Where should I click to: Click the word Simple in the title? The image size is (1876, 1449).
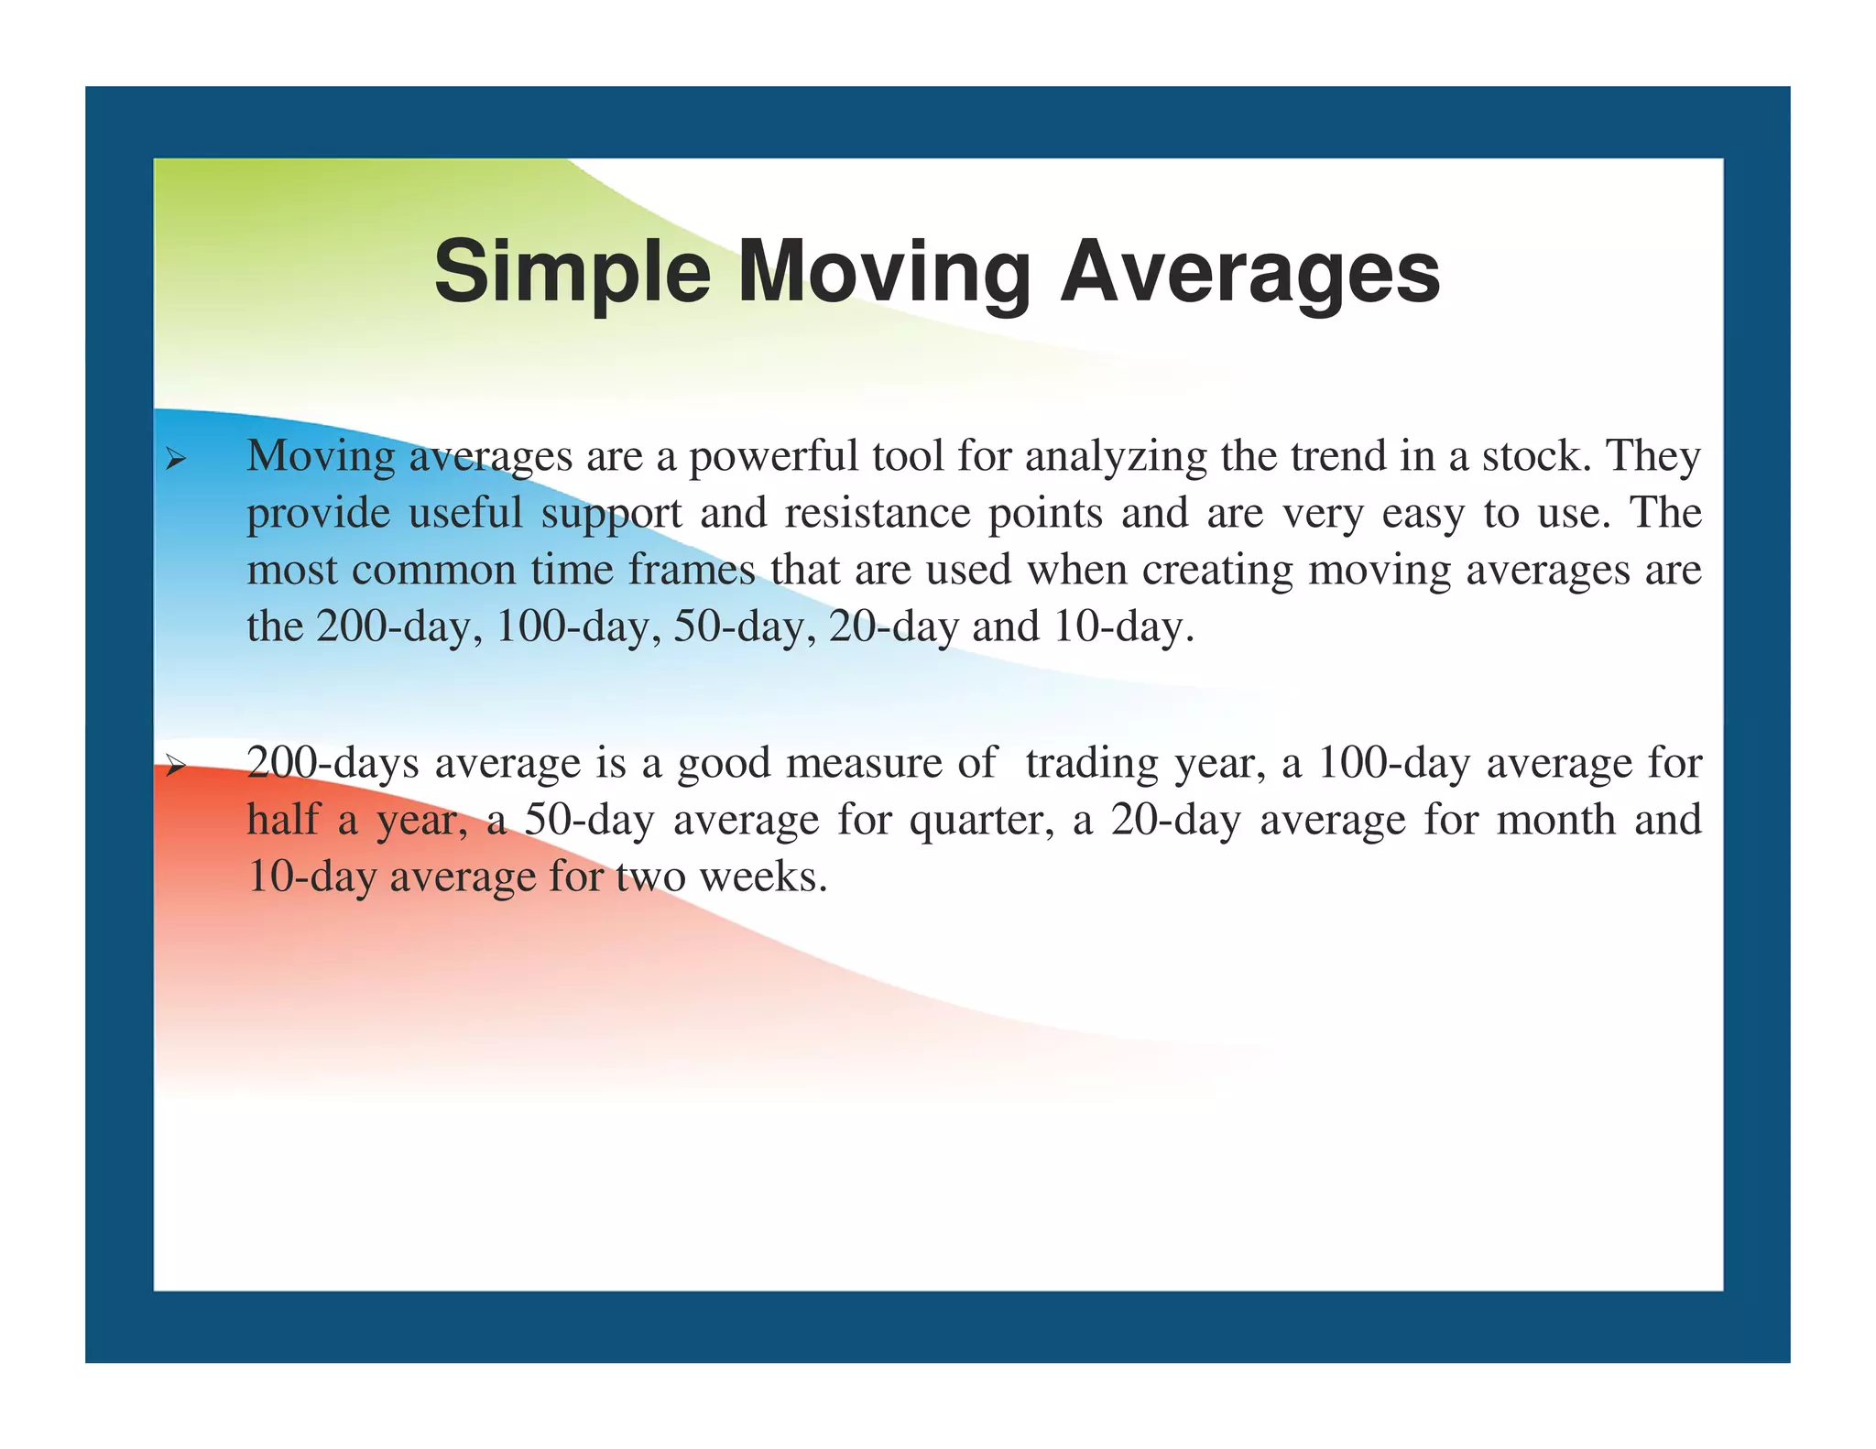572,272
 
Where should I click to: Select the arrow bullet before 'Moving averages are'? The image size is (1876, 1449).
175,459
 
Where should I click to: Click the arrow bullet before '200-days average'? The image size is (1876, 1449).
175,766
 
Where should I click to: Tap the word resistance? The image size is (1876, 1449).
878,513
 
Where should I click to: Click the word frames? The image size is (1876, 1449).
692,570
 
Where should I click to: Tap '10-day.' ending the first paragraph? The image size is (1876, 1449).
1124,628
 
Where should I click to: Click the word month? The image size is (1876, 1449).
1555,820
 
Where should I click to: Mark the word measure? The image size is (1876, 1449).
864,763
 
